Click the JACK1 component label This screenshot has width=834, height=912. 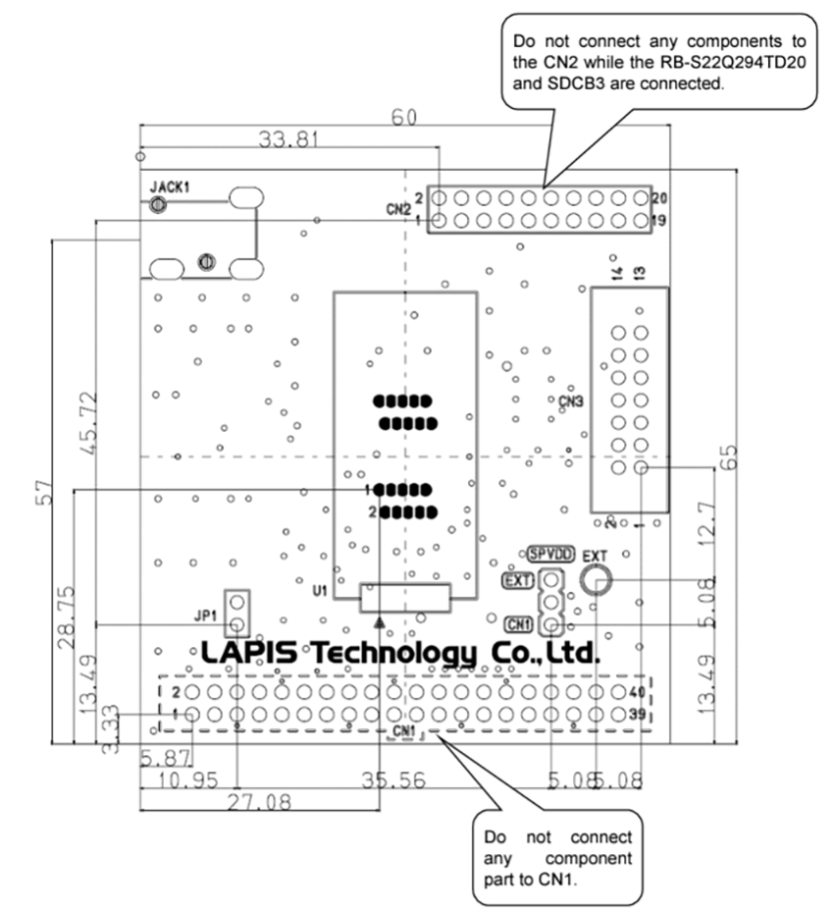point(169,186)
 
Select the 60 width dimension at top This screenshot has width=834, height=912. point(404,117)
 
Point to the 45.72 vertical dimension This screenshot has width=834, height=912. point(87,421)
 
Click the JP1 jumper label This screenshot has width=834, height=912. point(205,617)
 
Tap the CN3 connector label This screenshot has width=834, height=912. point(571,401)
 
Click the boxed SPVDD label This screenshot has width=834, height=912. point(550,553)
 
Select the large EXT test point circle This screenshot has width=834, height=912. point(595,581)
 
